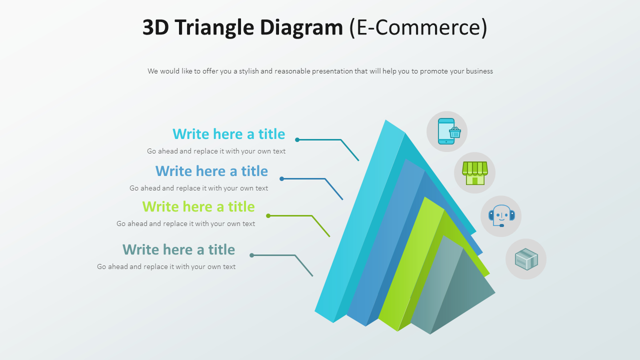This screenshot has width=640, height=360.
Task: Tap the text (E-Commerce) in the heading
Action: [x=418, y=27]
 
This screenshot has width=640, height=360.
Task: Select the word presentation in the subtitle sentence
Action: [x=332, y=71]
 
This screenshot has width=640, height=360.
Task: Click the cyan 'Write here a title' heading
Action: [x=228, y=134]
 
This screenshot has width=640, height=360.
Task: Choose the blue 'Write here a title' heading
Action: [x=211, y=171]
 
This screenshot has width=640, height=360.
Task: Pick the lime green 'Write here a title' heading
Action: [x=198, y=206]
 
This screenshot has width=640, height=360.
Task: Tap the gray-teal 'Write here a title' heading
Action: [x=178, y=249]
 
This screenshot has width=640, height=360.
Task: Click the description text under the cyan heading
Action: [x=216, y=151]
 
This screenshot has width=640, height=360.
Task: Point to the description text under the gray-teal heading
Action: [x=166, y=266]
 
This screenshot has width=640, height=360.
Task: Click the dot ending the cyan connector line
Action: [x=297, y=140]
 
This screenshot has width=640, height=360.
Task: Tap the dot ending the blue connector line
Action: [x=282, y=178]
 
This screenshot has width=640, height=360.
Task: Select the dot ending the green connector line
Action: [x=268, y=216]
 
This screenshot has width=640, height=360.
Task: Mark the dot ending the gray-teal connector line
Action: [x=252, y=255]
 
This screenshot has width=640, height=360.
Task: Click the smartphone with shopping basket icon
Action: [x=447, y=131]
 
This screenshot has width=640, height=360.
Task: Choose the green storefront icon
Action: [x=474, y=173]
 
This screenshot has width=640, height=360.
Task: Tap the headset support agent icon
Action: [x=501, y=216]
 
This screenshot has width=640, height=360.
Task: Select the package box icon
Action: [x=526, y=259]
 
